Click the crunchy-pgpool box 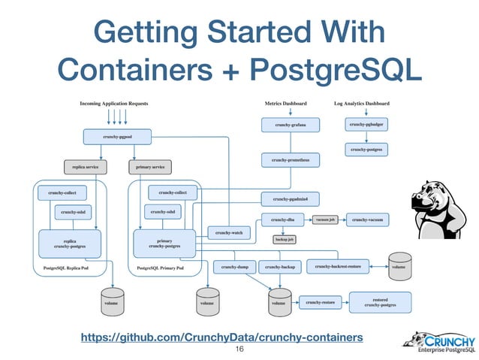[x=117, y=137]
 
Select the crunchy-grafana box [x=291, y=123]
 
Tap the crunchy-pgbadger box [x=367, y=123]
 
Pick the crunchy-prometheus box [x=291, y=159]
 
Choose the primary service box [x=152, y=166]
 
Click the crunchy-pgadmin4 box [x=291, y=198]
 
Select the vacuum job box [x=325, y=219]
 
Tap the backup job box [x=283, y=240]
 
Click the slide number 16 [x=240, y=350]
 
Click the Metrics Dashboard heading [x=286, y=102]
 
